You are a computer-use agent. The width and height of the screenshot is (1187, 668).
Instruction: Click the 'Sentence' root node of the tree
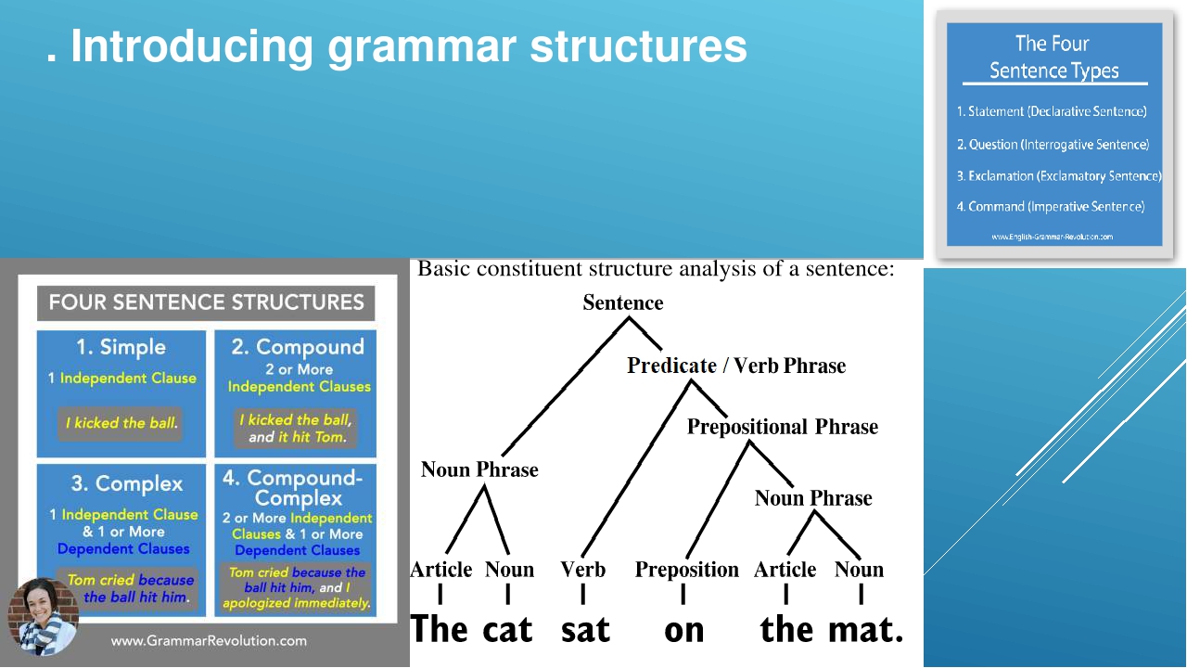pos(623,302)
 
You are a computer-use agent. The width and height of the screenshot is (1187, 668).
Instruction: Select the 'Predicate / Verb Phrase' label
pos(736,366)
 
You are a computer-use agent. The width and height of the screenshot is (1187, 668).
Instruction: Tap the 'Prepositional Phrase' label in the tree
pos(782,427)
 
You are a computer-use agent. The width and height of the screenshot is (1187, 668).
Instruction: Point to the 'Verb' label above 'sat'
pos(582,569)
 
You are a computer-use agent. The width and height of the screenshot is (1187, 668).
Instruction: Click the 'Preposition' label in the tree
pos(686,569)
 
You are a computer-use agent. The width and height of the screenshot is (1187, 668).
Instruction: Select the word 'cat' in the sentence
pos(507,629)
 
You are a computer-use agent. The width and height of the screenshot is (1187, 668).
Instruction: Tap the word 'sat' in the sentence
pos(585,629)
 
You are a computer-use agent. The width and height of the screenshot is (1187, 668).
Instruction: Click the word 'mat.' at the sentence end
pos(865,629)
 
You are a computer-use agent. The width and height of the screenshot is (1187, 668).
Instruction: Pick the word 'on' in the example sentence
pos(684,631)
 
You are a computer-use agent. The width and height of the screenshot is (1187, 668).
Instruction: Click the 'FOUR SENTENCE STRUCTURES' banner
pos(206,302)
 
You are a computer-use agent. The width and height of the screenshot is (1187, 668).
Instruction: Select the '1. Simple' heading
pos(121,347)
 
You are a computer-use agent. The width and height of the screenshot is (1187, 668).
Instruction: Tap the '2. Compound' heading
pos(297,347)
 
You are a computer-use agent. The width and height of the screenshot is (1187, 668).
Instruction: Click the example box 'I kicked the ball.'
pos(121,423)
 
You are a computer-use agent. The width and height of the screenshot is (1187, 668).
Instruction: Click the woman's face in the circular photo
pos(43,608)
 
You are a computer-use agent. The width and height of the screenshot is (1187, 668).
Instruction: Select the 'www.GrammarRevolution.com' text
pos(209,640)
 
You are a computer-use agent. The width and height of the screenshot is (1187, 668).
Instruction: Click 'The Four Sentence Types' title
pos(1053,57)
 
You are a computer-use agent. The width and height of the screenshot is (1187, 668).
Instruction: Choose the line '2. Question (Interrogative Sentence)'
pos(1053,144)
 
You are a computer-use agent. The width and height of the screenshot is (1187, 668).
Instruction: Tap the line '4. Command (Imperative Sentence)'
pos(1051,206)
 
